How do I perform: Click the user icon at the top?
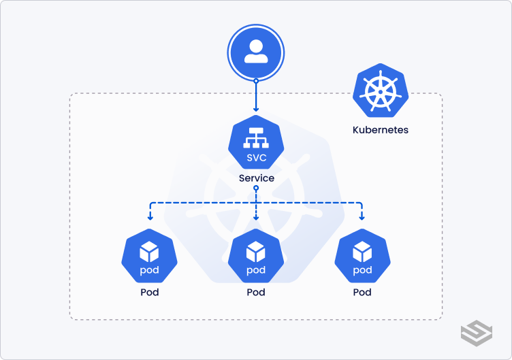tap(256, 53)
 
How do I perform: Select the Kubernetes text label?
tap(380, 129)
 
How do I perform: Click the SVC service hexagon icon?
tap(256, 143)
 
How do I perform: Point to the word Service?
tap(256, 178)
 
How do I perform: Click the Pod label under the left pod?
tap(149, 292)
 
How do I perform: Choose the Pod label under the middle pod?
tap(256, 292)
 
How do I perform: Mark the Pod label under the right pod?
tap(362, 292)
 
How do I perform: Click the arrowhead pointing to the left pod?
tap(150, 218)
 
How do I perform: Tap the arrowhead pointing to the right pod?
tap(362, 218)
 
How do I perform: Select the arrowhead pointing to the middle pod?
tap(256, 218)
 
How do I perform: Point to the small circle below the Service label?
tap(256, 188)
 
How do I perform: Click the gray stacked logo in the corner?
tap(476, 333)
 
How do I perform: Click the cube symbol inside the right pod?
tap(362, 252)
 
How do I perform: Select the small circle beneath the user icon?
tap(256, 81)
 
